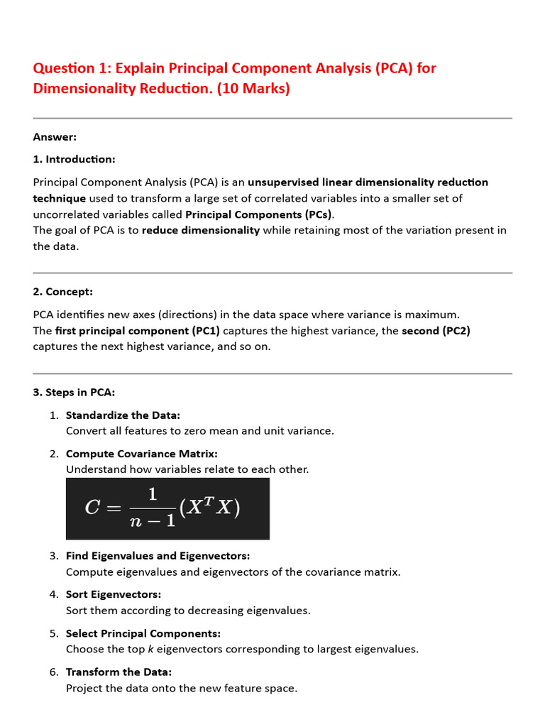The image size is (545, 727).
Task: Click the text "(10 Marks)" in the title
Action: click(253, 89)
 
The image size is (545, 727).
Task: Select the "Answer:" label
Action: click(55, 137)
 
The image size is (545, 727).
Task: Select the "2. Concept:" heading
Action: click(62, 292)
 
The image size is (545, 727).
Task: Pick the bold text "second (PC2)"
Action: click(436, 331)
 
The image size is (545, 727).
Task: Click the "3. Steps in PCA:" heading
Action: click(74, 392)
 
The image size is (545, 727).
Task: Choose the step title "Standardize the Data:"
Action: click(123, 415)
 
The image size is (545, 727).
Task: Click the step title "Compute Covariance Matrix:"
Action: click(141, 454)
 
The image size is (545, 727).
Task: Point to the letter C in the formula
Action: click(92, 508)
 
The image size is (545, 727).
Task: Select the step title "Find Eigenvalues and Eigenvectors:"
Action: click(158, 556)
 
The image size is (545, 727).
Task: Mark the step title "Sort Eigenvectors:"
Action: click(114, 594)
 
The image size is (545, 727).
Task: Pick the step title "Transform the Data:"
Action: click(119, 672)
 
